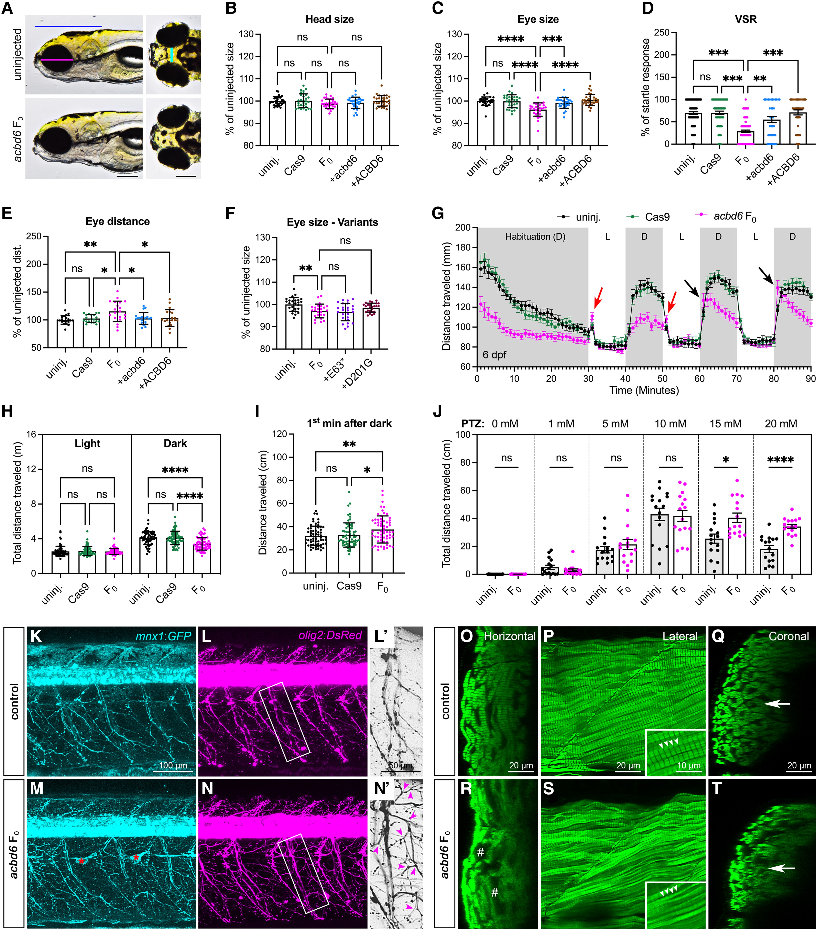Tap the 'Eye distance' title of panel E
point(117,222)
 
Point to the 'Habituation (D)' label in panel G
point(535,237)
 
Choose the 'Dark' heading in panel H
point(175,444)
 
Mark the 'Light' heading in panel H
point(87,444)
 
